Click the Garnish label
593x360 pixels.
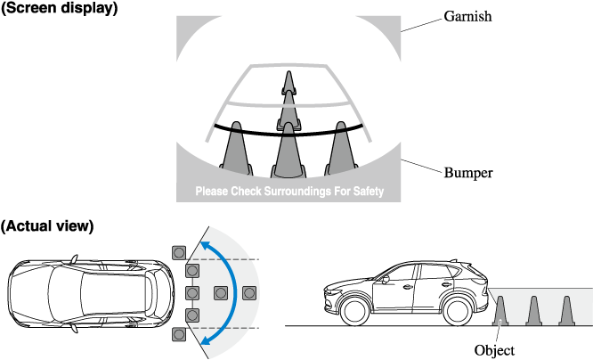(468, 16)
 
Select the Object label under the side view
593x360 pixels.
(495, 350)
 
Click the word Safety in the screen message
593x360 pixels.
(363, 192)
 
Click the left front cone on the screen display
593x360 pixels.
(233, 147)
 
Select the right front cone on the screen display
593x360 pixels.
(341, 147)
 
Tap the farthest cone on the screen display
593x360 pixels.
(288, 84)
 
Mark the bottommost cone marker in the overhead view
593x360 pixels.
(180, 335)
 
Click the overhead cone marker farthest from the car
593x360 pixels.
(249, 292)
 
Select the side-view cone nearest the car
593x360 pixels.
(500, 309)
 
